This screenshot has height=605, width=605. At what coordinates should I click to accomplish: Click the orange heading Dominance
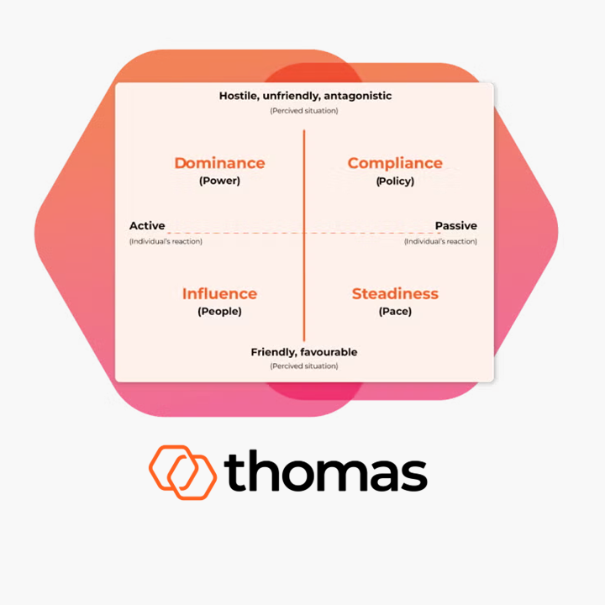coord(219,163)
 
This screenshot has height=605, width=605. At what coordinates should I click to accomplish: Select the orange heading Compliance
coord(395,163)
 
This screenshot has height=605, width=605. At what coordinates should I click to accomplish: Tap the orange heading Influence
coord(219,293)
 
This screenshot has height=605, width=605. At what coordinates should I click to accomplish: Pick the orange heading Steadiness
coord(395,293)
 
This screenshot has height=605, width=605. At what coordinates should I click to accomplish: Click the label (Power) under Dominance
coord(219,181)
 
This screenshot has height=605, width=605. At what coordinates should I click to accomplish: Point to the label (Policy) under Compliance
coord(395,181)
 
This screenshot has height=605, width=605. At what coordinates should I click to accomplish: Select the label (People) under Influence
coord(219,311)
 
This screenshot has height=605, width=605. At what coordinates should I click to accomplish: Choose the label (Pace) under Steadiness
coord(395,311)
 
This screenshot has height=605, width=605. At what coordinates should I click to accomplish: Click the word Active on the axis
coord(147,226)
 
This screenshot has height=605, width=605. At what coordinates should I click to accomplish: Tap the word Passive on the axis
coord(455,226)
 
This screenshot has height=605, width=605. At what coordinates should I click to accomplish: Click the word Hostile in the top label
coord(239,96)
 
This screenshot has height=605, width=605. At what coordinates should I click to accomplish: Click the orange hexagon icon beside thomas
coord(183,469)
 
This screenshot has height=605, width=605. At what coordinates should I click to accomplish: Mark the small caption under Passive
coord(440,241)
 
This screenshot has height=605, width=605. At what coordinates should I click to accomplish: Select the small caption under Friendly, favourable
coord(304,366)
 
